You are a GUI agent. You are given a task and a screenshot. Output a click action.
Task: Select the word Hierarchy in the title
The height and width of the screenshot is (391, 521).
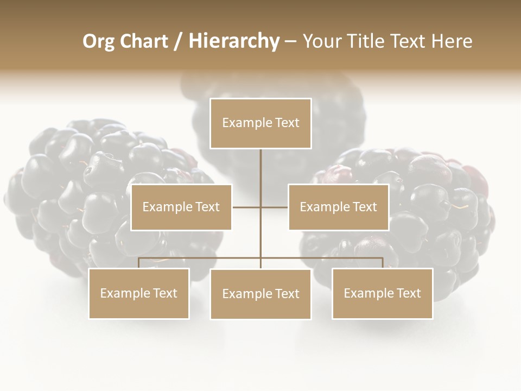coord(234,41)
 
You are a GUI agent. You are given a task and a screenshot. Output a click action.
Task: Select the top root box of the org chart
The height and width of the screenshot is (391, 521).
coord(260,123)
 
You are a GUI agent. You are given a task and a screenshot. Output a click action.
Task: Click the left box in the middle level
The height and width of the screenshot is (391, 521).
coord(181,207)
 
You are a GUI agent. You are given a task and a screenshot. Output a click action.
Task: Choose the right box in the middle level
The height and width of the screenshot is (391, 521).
coord(339,207)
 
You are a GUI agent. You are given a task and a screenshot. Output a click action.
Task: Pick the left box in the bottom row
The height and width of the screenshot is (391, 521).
coord(139,293)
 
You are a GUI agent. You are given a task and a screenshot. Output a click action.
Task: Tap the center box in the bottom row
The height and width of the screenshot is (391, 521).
coord(260,294)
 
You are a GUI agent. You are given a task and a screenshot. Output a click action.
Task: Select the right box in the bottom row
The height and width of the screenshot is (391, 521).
coord(383,293)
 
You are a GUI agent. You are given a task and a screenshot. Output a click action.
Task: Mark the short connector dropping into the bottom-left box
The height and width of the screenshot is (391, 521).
coord(139,263)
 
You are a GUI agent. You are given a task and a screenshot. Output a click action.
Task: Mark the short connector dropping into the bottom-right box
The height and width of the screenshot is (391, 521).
coord(383,263)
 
